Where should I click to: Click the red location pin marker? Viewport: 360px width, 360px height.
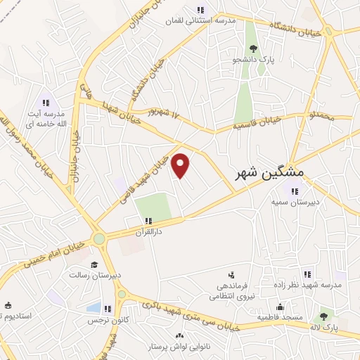point(181,165)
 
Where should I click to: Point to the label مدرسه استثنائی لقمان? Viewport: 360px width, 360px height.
point(205,20)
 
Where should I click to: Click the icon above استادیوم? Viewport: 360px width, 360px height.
point(8,306)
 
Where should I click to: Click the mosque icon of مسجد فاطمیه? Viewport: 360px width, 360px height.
point(280,307)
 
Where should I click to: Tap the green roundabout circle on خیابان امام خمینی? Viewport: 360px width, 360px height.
point(99,239)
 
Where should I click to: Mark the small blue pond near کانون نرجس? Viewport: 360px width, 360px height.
point(93,308)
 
